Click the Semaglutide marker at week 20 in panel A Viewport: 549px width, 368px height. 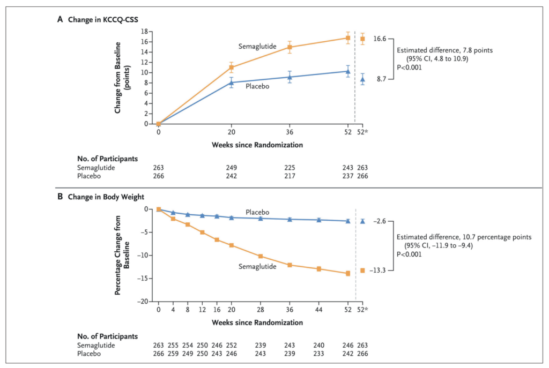pos(231,67)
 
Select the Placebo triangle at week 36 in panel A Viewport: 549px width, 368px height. pos(290,77)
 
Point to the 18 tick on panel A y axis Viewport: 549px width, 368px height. pos(144,32)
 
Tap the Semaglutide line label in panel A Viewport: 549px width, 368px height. pos(257,47)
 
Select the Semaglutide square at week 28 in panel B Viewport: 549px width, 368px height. pos(261,256)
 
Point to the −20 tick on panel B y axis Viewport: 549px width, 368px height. pos(142,302)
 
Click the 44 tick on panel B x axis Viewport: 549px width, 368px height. pos(318,310)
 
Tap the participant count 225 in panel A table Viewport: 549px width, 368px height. pos(290,168)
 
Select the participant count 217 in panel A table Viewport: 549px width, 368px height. pos(290,176)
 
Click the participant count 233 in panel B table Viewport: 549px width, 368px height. pos(318,354)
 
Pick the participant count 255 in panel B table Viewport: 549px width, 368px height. pos(173,346)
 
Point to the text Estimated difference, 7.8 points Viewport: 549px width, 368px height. pos(444,50)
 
